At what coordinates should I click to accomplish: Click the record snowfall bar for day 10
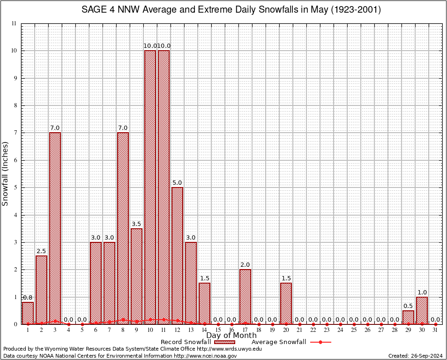coord(150,187)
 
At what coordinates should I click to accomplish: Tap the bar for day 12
coord(177,255)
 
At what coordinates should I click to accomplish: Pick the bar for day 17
coord(245,296)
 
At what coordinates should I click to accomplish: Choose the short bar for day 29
coord(408,317)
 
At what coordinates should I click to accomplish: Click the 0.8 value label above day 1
coord(28,297)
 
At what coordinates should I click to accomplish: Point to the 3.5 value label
coord(136,224)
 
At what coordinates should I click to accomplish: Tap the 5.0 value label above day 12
coord(177,183)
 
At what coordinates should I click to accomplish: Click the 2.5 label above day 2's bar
coord(41,251)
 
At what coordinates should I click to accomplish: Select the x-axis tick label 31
coord(435,330)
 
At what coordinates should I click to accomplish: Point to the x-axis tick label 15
coord(218,330)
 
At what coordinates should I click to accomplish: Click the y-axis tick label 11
coord(14,23)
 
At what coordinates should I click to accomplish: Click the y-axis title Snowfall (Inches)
coord(6,173)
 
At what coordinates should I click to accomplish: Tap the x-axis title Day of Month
coord(231,336)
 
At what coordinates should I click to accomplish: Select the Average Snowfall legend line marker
coord(320,342)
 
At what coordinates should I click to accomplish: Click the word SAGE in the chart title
coord(94,10)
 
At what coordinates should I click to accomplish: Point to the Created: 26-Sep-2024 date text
coord(415,356)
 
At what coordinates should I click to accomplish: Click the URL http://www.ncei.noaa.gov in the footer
coord(207,356)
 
